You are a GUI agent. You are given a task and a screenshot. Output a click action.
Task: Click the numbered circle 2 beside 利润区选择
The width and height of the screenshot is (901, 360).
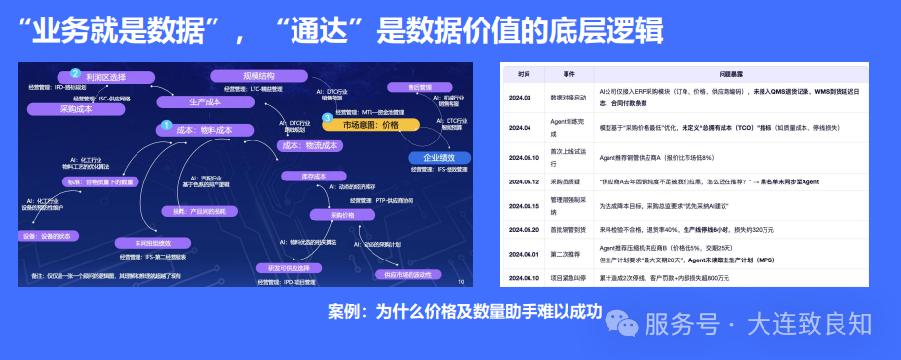(x=75, y=73)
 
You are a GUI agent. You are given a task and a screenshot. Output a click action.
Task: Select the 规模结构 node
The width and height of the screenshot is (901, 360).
(x=258, y=75)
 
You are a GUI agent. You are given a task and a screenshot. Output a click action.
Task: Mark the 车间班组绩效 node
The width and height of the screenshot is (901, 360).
(x=143, y=243)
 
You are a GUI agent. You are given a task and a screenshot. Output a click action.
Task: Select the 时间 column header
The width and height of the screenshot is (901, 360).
(x=525, y=74)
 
